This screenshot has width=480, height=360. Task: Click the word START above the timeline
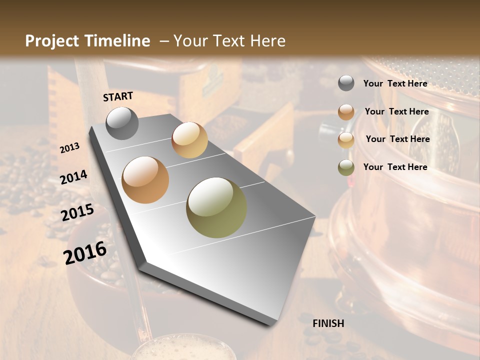[118, 96]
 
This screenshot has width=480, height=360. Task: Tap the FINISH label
[328, 323]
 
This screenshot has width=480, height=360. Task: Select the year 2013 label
[69, 148]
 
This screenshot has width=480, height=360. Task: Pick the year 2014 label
[74, 177]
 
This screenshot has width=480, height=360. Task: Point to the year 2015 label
[77, 212]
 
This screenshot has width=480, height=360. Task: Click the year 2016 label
[85, 253]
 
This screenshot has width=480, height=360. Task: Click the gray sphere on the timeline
[122, 123]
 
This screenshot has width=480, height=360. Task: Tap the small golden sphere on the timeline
[189, 140]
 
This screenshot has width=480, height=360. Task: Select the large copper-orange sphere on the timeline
[145, 180]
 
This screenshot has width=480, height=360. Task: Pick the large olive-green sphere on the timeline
[216, 207]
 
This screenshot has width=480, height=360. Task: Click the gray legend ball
[346, 83]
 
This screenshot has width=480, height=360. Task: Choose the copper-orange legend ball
[346, 112]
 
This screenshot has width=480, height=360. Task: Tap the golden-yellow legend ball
[346, 139]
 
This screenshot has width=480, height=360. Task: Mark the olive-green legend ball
[346, 167]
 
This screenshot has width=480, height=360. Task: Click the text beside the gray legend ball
[395, 83]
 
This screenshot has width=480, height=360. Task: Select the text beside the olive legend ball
[395, 167]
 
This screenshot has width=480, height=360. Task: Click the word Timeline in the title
[117, 41]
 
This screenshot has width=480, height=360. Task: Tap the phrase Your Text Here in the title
[229, 41]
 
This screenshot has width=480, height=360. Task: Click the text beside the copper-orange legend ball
[396, 111]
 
